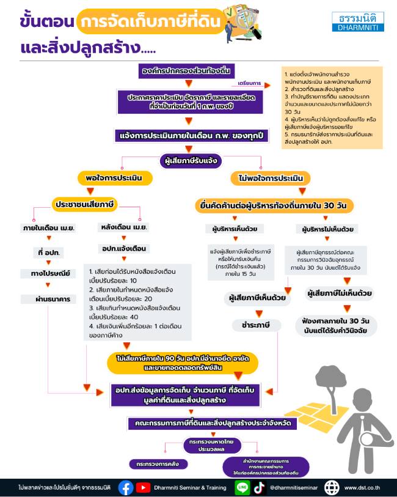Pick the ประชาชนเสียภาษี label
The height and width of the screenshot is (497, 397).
(86, 203)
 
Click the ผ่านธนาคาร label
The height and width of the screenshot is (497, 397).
(49, 299)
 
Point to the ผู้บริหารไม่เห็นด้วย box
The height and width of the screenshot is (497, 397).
(330, 229)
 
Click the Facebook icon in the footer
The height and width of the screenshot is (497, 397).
(126, 487)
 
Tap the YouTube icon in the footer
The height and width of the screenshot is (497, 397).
(144, 487)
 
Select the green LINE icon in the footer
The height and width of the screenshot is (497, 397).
(242, 487)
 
